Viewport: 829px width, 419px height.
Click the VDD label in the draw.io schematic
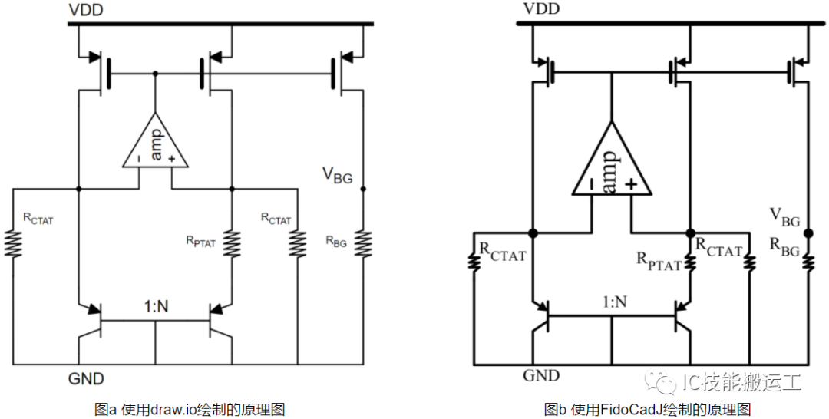pyautogui.click(x=86, y=10)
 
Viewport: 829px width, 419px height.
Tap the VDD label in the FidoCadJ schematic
pyautogui.click(x=541, y=9)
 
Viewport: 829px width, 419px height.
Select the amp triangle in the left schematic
pyautogui.click(x=155, y=140)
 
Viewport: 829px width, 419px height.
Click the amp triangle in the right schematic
pyautogui.click(x=611, y=159)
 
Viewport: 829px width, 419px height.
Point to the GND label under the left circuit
pyautogui.click(x=86, y=378)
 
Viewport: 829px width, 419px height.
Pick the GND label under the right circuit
pyautogui.click(x=541, y=376)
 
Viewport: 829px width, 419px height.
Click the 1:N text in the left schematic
pyautogui.click(x=156, y=306)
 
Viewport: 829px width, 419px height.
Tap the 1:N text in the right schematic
pyautogui.click(x=614, y=302)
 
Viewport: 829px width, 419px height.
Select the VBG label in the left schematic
pyautogui.click(x=337, y=176)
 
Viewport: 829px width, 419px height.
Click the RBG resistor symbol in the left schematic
pyautogui.click(x=363, y=244)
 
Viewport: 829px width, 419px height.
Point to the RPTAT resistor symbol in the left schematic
pyautogui.click(x=232, y=244)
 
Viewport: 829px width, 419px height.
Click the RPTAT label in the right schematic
pyautogui.click(x=659, y=262)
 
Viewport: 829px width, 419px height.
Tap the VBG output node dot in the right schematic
pyautogui.click(x=808, y=233)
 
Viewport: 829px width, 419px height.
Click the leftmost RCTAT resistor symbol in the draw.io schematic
pyautogui.click(x=13, y=244)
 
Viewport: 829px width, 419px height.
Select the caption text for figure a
pyautogui.click(x=190, y=409)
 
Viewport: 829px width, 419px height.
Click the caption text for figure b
pyautogui.click(x=647, y=409)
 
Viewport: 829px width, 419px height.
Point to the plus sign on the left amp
pyautogui.click(x=171, y=159)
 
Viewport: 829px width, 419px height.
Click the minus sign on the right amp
pyautogui.click(x=590, y=183)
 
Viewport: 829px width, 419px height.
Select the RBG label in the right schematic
pyautogui.click(x=784, y=247)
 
